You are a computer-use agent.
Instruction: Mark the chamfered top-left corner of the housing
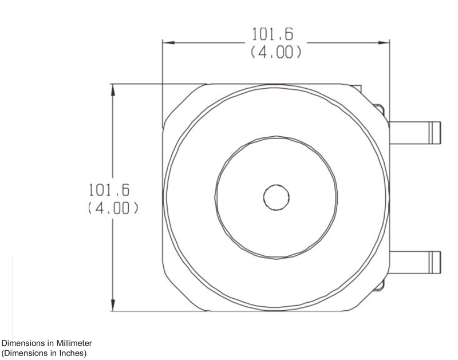[x=182, y=102]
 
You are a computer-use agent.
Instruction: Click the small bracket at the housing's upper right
[x=380, y=107]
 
